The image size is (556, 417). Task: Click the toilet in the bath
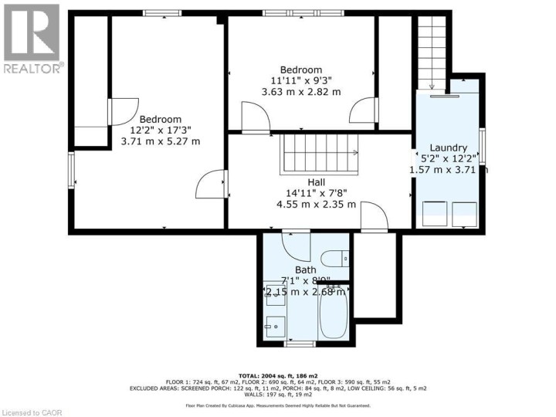[334, 259]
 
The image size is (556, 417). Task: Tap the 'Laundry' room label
[449, 147]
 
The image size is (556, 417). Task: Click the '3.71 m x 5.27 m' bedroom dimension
[161, 141]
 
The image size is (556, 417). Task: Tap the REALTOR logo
[32, 39]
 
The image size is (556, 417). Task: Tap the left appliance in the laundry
[434, 212]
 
